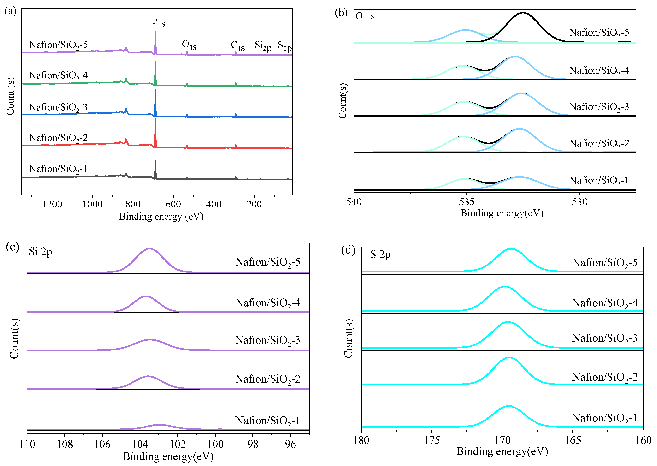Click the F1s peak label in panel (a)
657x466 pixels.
[x=158, y=21]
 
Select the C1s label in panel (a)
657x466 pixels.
[x=237, y=46]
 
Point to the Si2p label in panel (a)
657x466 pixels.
[x=262, y=46]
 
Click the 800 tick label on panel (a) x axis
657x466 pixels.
[x=133, y=204]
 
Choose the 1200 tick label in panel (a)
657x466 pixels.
[x=52, y=204]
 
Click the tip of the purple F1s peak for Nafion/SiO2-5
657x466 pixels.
[x=155, y=31]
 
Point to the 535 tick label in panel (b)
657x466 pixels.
[x=467, y=202]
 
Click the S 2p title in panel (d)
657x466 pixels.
[x=380, y=254]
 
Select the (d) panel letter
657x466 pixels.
[x=348, y=250]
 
